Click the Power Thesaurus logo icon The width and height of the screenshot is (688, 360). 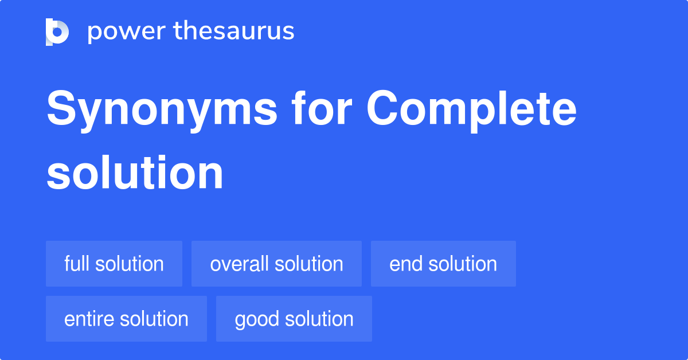pos(57,32)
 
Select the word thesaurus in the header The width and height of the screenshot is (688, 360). pos(234,32)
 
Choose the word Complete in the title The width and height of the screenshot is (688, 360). pos(471,110)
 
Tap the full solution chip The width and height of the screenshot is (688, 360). pos(114,264)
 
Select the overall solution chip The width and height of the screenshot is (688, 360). pos(276,264)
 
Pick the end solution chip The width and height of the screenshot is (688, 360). pos(443,264)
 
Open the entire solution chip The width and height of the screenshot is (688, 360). pos(126,319)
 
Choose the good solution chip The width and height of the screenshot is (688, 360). pos(294,319)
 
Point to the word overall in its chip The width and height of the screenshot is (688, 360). pos(239,264)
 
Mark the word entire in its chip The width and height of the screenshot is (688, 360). pos(84,319)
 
